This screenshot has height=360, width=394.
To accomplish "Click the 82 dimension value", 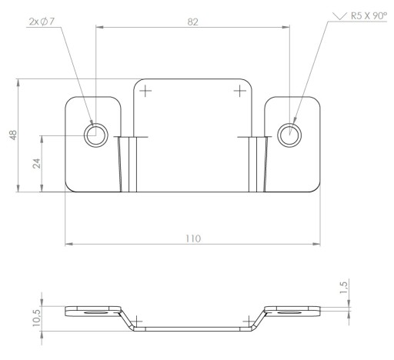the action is tap(192, 22).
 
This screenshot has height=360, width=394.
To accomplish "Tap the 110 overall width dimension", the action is tap(193, 238).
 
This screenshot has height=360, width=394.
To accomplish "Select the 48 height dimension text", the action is tap(13, 135).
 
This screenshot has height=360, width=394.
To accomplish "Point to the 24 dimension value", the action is tap(37, 163).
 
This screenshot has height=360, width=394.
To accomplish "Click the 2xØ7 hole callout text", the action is tap(42, 22).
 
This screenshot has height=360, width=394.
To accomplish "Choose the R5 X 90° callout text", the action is tap(369, 16).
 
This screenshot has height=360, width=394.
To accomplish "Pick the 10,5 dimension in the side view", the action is tap(36, 318).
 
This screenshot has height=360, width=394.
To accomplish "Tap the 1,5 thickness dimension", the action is tap(343, 288).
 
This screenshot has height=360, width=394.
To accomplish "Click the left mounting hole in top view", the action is tap(96, 135).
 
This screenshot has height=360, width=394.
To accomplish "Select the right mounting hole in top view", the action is tap(289, 135).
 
